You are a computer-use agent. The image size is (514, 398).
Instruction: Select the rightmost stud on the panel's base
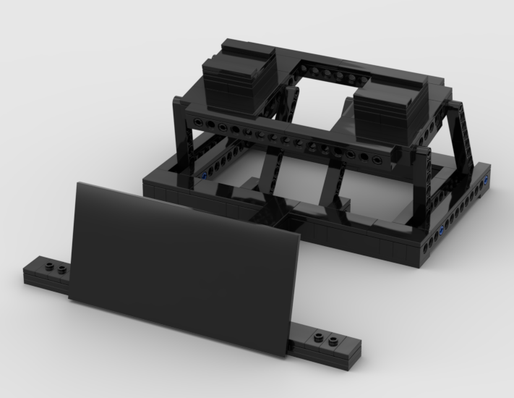pos(334,339)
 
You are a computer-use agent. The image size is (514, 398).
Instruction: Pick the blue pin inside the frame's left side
pos(205,176)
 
